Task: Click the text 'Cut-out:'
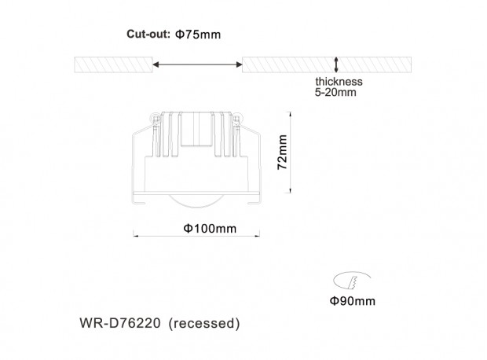148,34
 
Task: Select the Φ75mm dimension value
198,34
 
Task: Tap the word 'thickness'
339,82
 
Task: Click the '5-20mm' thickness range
335,92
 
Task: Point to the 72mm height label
282,152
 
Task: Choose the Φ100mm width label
210,229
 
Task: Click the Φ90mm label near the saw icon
352,300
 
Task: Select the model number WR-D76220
120,323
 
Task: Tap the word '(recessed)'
204,323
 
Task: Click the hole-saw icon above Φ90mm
352,280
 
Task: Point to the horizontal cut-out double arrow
197,64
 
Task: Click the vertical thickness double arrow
335,64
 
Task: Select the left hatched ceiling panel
113,64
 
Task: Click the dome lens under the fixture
196,200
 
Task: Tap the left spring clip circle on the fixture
155,118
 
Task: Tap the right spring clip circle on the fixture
236,118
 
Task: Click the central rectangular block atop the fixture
196,129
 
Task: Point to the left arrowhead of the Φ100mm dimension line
135,236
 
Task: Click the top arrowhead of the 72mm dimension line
290,115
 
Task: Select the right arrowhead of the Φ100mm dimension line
257,236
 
